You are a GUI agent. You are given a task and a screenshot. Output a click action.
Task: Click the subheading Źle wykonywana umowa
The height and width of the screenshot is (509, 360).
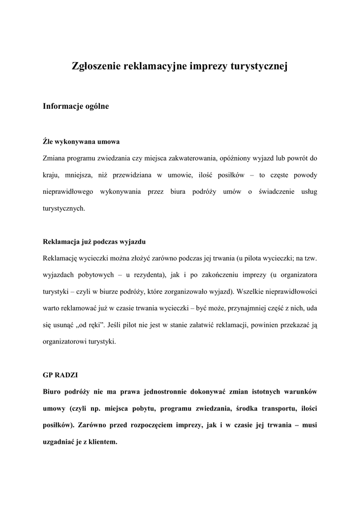(82, 142)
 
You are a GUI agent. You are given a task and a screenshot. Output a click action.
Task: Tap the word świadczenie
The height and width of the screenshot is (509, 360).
(278, 192)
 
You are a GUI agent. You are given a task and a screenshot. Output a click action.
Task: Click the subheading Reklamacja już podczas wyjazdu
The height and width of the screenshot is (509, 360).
(94, 242)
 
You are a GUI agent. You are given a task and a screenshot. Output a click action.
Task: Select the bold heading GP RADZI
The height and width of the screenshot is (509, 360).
(58, 375)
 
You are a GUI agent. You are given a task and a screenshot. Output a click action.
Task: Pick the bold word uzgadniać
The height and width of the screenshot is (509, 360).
(61, 442)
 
